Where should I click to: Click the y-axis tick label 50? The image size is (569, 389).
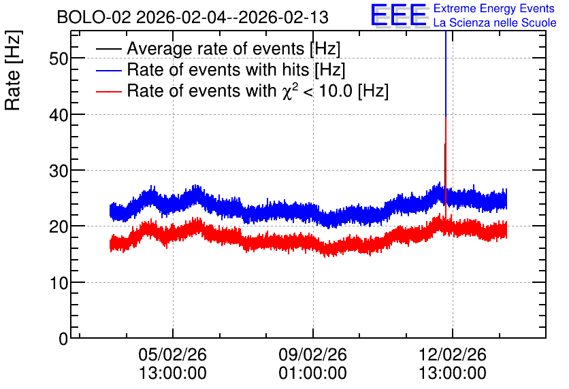point(59,58)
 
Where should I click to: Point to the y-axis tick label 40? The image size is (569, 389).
point(59,115)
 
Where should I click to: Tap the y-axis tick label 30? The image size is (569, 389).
point(59,171)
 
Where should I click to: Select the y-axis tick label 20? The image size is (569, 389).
point(59,227)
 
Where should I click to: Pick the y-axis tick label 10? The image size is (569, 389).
point(59,283)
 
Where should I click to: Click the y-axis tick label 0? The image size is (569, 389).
point(63,339)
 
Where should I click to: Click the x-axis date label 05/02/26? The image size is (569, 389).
point(173,354)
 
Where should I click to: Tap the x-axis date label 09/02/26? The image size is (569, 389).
point(313,354)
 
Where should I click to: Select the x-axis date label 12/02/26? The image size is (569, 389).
point(453,354)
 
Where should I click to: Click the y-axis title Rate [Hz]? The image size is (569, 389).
point(13,70)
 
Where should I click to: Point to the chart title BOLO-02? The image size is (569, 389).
point(94,17)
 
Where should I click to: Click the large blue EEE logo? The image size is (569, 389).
point(399,16)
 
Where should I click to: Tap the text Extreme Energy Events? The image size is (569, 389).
point(494,8)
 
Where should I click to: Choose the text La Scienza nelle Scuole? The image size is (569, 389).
point(495,23)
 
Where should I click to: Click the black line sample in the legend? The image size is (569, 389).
point(108,49)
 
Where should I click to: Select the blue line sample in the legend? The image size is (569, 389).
point(108,70)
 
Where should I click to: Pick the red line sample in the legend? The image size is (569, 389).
point(108,91)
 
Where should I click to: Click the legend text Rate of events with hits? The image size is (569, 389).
point(218,69)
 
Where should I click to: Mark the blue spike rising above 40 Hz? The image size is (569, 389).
point(446,73)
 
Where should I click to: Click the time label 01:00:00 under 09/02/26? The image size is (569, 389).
point(313,373)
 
